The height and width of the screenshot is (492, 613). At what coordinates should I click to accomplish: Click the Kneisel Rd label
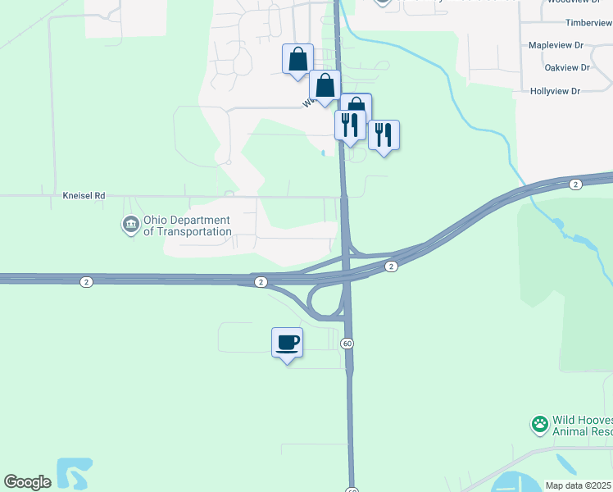pos(84,197)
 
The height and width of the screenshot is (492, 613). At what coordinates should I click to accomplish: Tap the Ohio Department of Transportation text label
pos(187,225)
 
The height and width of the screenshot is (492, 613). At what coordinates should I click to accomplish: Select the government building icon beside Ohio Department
pos(130,224)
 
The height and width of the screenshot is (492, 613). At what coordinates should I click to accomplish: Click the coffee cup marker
pos(287,341)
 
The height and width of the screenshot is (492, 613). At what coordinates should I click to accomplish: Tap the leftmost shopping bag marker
pos(297,59)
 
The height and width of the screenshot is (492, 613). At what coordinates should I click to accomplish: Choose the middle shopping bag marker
pos(325,85)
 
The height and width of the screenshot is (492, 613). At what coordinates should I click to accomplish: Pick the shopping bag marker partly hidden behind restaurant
pos(358,104)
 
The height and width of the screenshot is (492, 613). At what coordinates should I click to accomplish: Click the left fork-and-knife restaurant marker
pos(350,125)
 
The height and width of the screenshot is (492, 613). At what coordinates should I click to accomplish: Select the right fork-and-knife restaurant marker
pos(384,134)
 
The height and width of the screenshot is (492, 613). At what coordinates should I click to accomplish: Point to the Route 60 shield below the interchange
pos(348,343)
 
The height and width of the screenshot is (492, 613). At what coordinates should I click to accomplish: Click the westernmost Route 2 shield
pos(87,281)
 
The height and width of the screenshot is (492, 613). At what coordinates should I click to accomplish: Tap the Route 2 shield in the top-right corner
pos(576,184)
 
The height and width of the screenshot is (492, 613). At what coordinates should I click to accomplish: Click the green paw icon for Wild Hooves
pos(540,424)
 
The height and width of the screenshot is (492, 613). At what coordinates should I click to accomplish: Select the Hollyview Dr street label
pos(555,91)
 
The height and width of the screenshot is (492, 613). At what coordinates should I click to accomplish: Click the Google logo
pos(27,482)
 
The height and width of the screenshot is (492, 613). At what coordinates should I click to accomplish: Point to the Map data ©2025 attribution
pos(578,485)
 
